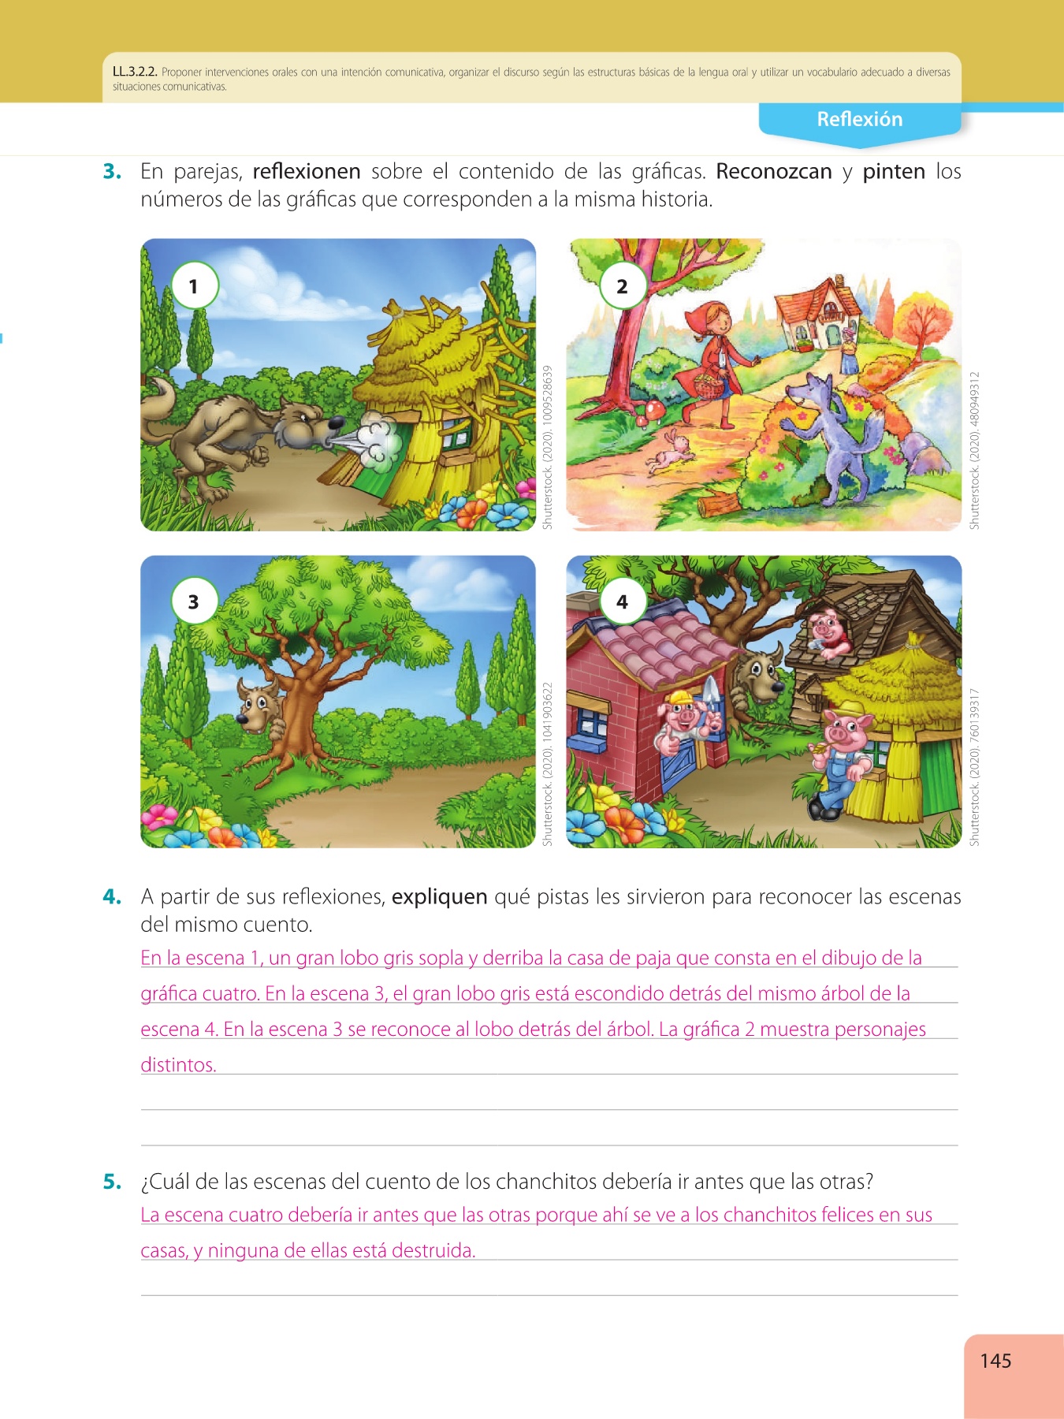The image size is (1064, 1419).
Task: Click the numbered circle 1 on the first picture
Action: coord(194,285)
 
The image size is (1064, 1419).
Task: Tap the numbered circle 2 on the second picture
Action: coord(622,285)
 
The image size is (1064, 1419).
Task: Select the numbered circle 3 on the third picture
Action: coord(194,601)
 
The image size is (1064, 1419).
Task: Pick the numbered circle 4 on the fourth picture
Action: coord(622,601)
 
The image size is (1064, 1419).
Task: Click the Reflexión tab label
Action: coord(859,119)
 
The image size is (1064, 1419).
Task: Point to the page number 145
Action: coord(995,1361)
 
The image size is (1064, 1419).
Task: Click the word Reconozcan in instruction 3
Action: coord(774,171)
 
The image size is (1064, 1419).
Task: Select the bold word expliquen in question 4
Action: coord(440,897)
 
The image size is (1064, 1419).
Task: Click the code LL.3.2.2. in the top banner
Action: coord(135,73)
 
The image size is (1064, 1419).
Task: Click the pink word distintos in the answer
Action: coord(178,1065)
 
